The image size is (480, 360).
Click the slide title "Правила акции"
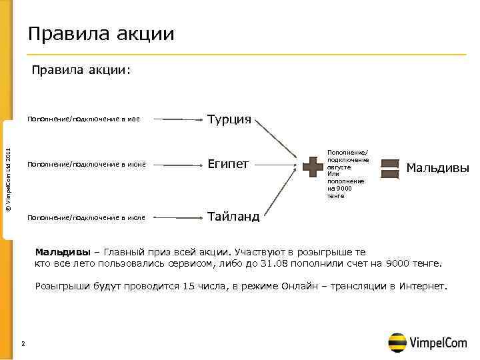point(101,33)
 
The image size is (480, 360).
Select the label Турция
point(229,120)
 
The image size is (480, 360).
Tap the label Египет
point(228,163)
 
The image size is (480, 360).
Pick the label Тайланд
point(233,217)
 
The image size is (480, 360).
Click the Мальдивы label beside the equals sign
point(438,167)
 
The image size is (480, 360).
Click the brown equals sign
point(389,167)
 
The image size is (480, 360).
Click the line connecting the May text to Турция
point(181,121)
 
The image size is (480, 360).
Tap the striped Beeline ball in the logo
point(398,341)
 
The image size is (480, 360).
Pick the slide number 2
point(23,344)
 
